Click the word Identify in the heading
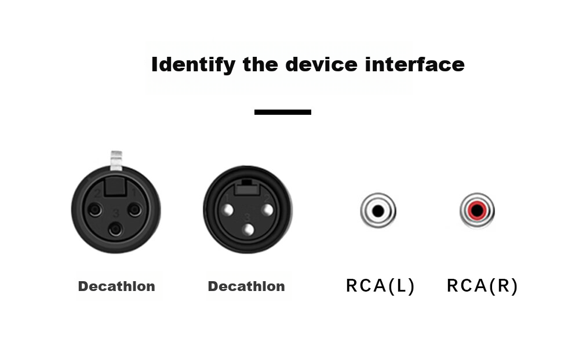[193, 65]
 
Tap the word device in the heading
[321, 64]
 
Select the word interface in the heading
[415, 64]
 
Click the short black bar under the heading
[283, 112]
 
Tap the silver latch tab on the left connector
[116, 160]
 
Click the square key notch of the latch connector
[115, 187]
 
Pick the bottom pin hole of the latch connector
[115, 229]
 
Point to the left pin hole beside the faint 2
[95, 209]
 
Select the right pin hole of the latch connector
[135, 209]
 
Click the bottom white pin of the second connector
[248, 230]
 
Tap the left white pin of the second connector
[228, 210]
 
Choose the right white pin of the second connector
[267, 210]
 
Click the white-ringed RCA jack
[378, 210]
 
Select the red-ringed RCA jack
[477, 210]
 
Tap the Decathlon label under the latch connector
[116, 286]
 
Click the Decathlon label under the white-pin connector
[246, 286]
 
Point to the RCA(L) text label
[380, 286]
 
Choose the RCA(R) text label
[482, 286]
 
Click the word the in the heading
[260, 64]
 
